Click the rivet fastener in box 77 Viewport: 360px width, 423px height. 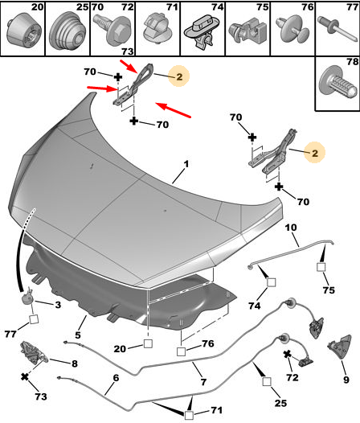(337, 28)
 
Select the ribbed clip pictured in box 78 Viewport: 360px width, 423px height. (339, 82)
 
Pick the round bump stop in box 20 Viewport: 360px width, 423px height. (22, 29)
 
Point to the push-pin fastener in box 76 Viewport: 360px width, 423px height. (292, 30)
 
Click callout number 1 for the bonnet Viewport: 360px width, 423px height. (186, 164)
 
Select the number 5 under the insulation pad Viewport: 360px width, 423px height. (78, 335)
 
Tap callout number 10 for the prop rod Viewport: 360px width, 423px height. (291, 228)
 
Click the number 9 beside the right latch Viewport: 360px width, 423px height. (346, 380)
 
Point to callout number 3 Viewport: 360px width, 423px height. (58, 305)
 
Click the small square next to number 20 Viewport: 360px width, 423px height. (148, 343)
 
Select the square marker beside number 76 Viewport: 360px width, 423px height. (182, 351)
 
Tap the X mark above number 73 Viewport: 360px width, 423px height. (25, 376)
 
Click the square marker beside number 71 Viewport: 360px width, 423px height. (189, 415)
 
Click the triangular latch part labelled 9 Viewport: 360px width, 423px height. (340, 347)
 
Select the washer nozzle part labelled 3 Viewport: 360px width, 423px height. (27, 297)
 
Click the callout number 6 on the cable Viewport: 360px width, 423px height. (116, 378)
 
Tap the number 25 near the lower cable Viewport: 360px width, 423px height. (280, 403)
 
